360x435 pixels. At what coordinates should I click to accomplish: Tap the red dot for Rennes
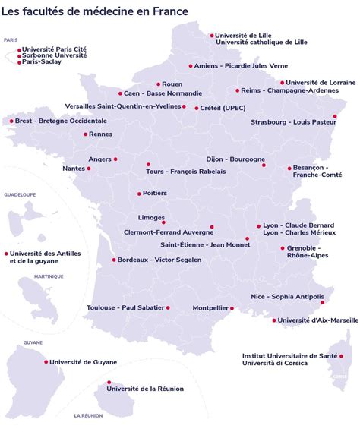(86, 134)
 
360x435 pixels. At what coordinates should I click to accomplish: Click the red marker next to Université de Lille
(212, 35)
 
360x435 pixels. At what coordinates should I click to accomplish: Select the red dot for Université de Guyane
(45, 362)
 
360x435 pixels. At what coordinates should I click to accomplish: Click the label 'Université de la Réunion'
(145, 389)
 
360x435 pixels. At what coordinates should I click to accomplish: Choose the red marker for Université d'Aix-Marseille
(274, 320)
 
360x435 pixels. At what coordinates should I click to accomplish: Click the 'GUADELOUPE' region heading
(20, 195)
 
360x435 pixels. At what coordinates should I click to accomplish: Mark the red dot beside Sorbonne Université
(19, 55)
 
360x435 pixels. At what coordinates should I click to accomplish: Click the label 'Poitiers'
(154, 194)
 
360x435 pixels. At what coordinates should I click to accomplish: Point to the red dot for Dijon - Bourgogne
(264, 164)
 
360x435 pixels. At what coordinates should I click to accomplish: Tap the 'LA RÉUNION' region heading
(89, 416)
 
